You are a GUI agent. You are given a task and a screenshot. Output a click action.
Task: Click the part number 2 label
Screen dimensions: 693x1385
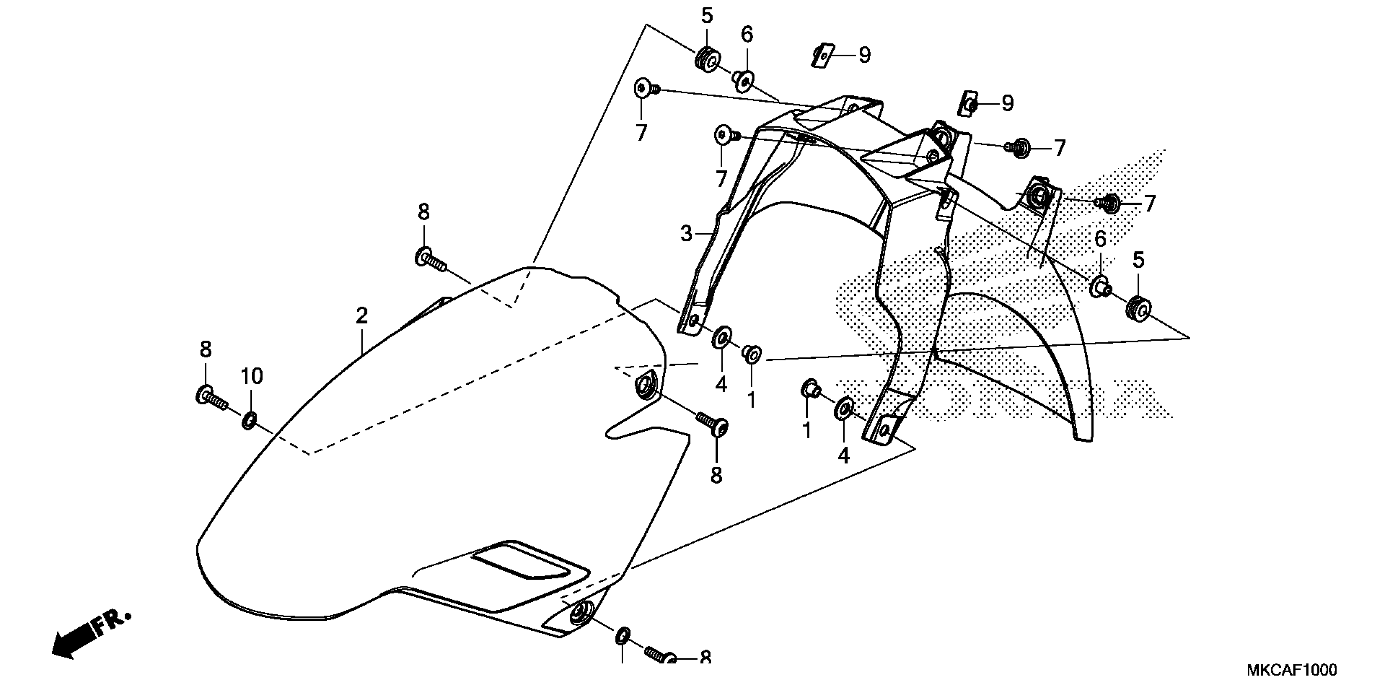click(x=361, y=315)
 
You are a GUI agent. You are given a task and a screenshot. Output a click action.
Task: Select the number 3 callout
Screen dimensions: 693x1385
click(x=686, y=234)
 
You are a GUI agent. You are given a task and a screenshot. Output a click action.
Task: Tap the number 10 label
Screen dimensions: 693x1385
click(x=251, y=376)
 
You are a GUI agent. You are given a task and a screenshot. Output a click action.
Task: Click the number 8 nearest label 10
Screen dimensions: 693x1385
click(x=205, y=350)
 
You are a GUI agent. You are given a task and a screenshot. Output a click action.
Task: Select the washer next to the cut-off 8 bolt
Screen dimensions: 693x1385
click(x=622, y=636)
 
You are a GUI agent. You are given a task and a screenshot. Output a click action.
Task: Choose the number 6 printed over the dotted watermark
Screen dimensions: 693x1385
click(x=1100, y=239)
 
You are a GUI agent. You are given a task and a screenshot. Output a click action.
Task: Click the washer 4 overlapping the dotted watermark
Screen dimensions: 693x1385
click(x=843, y=409)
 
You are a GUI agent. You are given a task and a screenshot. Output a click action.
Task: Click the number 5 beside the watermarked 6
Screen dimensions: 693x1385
click(x=1138, y=260)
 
